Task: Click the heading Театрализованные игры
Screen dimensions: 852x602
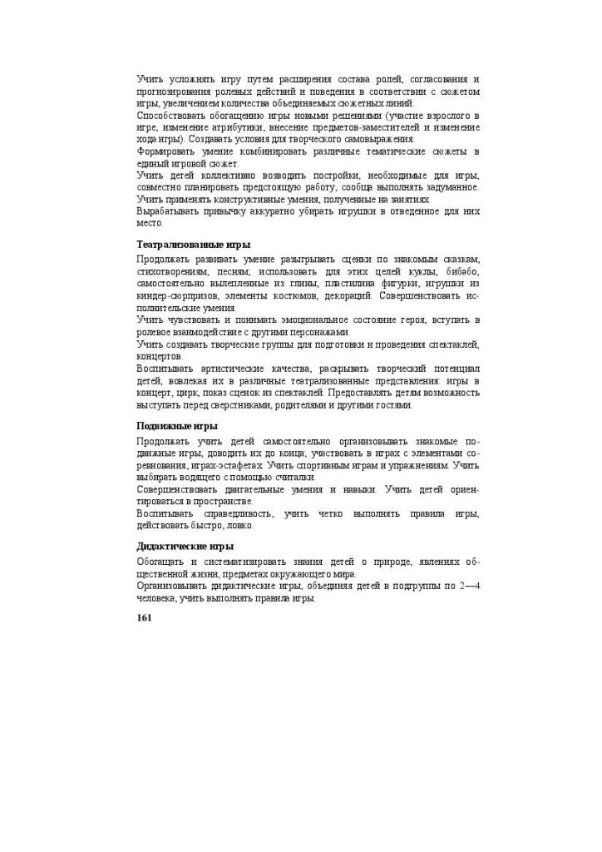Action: [x=193, y=245]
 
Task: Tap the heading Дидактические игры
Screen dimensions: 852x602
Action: [x=185, y=547]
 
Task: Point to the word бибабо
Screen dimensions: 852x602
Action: [x=461, y=271]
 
